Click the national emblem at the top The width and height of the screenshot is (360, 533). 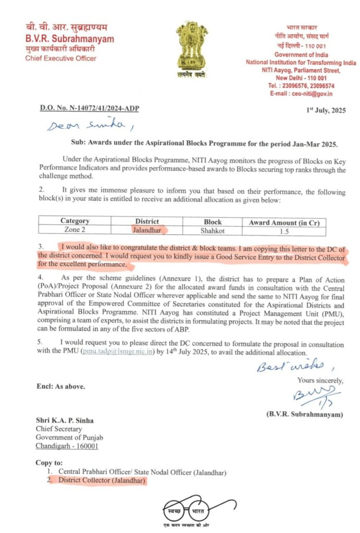tap(191, 49)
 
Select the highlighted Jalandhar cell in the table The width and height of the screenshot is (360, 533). tap(147, 230)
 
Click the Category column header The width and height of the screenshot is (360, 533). tap(75, 221)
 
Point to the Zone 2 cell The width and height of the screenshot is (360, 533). tap(75, 230)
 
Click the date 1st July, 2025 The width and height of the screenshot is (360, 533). tap(326, 110)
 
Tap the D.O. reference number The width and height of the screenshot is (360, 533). tap(90, 108)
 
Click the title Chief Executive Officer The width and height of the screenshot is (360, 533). tap(61, 58)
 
